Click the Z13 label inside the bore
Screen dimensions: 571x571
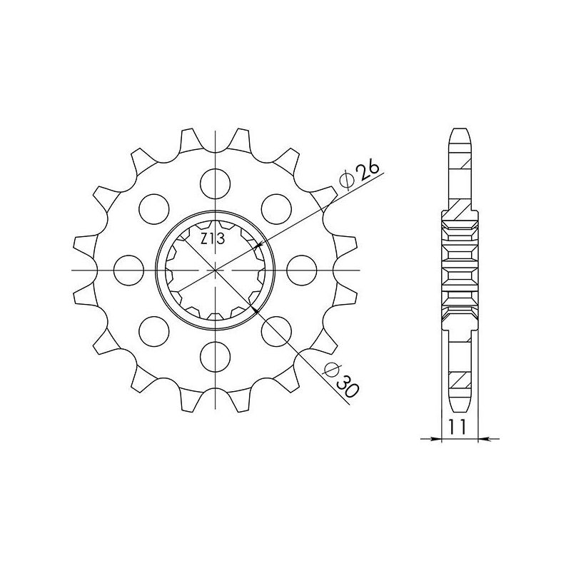212,241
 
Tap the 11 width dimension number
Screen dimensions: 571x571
457,428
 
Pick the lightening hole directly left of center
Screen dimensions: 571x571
128,269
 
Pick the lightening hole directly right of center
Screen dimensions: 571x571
301,269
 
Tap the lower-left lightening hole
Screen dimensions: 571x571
153,329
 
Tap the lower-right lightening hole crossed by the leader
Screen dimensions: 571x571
275,329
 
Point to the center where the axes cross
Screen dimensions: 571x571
215,269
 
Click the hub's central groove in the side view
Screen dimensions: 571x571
460,269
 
